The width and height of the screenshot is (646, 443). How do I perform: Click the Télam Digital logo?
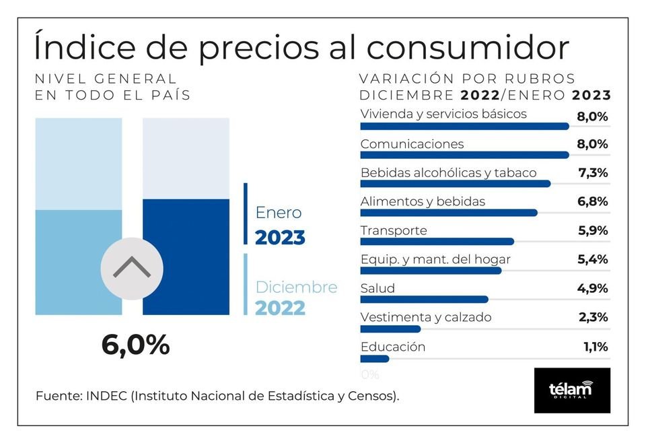coord(571,390)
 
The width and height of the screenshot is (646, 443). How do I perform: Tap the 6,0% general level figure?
coord(135,345)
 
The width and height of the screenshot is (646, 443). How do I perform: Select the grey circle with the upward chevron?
coord(131,269)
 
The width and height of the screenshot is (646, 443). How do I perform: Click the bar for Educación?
coord(375,358)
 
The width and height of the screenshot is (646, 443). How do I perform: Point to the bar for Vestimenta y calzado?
coord(390,329)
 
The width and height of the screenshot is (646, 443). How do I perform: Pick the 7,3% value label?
coord(593,173)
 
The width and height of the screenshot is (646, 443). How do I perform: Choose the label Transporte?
coord(394,230)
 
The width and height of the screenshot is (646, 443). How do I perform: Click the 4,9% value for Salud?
coord(593,289)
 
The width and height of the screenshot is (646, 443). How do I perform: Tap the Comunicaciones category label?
coord(412,144)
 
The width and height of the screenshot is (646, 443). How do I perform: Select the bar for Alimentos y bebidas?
coord(449,213)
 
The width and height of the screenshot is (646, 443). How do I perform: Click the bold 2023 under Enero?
coord(280,238)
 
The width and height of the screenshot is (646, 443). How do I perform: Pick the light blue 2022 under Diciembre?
coord(280,308)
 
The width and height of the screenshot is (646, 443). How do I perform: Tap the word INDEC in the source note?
coord(108,396)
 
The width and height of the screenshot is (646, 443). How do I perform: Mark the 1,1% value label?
coord(596,347)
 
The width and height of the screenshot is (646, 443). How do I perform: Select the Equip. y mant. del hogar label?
coord(435,259)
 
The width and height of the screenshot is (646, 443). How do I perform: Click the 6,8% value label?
coord(593,201)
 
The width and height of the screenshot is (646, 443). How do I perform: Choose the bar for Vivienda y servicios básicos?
coord(464,126)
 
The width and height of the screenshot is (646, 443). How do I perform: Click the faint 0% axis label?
coord(370,374)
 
